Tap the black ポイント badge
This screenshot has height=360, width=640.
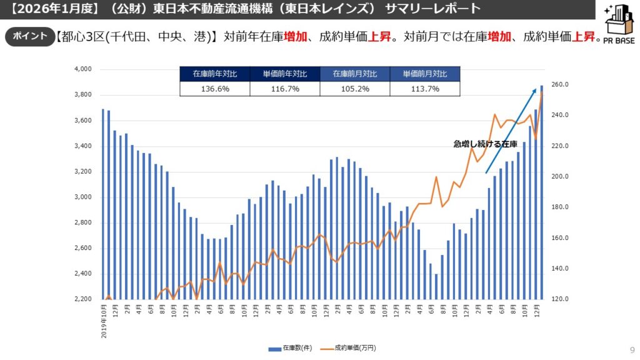(x=29, y=36)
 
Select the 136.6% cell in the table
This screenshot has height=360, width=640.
(x=214, y=89)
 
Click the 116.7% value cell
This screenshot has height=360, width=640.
(x=284, y=89)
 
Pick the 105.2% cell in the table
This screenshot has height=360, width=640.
(x=354, y=89)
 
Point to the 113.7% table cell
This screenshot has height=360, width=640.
(x=424, y=89)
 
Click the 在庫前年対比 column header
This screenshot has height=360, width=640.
(x=214, y=74)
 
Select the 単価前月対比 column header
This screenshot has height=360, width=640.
(x=424, y=74)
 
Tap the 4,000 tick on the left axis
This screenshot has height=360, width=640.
(x=82, y=69)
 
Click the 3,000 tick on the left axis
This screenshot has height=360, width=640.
(x=82, y=197)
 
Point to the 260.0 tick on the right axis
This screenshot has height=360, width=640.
(x=559, y=85)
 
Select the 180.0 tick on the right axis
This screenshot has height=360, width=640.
(x=559, y=207)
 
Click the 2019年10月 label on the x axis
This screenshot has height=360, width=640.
(x=103, y=321)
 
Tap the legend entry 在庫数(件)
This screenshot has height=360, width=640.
(x=291, y=347)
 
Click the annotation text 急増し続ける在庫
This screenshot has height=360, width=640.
(x=486, y=144)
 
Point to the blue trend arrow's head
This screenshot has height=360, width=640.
(x=535, y=91)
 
